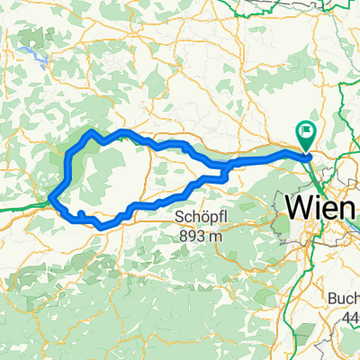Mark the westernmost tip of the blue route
point(52,197)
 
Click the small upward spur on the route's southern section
point(81,213)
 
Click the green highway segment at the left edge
point(18,208)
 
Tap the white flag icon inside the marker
point(307,133)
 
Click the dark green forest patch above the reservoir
point(27,38)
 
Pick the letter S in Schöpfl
point(179,218)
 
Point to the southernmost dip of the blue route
point(101,226)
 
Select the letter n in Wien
point(348,207)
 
